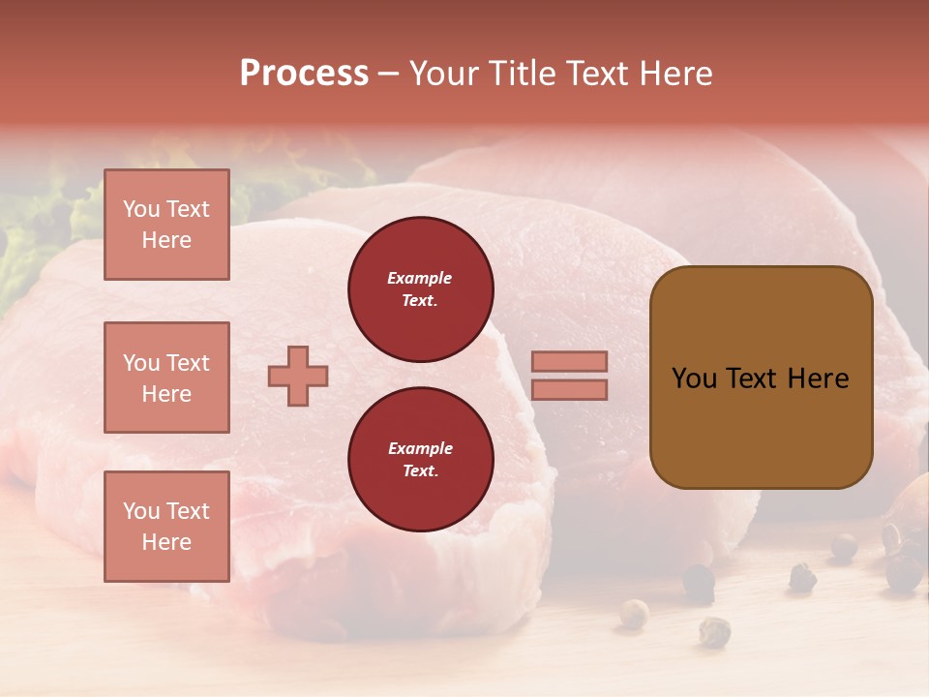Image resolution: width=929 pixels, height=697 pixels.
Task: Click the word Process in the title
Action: pos(304,74)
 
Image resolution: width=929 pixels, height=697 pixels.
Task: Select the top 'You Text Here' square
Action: pos(166,225)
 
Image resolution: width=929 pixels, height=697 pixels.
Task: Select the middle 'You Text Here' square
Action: pos(166,378)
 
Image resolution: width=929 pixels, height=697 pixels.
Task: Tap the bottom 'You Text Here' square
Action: pos(166,526)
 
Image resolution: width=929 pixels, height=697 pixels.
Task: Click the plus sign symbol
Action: pos(298,376)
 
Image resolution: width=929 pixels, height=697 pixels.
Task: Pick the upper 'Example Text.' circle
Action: pos(420,288)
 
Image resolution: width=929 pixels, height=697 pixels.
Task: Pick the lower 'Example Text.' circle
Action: pos(420,459)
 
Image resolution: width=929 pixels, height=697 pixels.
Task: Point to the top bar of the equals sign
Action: pos(569,361)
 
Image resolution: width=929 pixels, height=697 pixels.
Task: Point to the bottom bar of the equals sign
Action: pos(569,389)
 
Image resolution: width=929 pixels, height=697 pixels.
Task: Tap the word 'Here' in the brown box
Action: pos(818,379)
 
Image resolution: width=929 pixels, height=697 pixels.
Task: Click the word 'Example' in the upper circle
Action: pos(420,278)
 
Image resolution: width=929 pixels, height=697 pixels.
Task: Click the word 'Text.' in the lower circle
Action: pos(420,470)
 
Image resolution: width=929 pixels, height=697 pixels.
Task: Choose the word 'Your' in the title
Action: pos(442,74)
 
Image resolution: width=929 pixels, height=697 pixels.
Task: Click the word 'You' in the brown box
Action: pos(696,379)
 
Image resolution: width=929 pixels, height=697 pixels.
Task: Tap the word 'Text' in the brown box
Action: pos(754,379)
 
